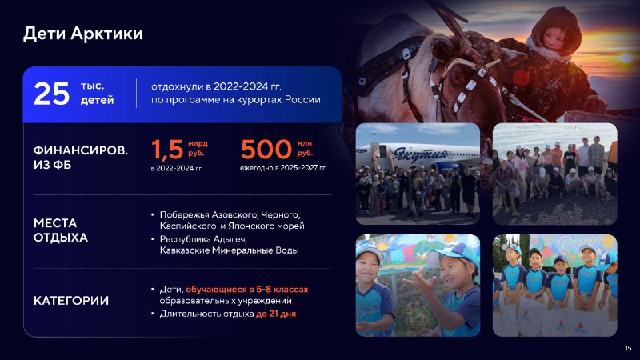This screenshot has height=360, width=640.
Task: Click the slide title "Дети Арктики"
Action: point(83,34)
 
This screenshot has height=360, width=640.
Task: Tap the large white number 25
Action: point(51,94)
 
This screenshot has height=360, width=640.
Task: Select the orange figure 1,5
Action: point(167,149)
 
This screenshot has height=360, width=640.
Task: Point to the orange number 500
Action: point(266,149)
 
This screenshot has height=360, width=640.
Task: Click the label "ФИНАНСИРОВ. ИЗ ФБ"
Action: point(81,157)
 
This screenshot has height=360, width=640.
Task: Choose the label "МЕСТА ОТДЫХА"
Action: point(61,230)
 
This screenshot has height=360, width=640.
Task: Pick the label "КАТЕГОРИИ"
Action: point(71,301)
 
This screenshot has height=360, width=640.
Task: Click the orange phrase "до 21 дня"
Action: point(276,314)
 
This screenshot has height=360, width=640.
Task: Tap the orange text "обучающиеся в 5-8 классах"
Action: point(247,290)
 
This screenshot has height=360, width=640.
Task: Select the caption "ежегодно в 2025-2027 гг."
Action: point(283,168)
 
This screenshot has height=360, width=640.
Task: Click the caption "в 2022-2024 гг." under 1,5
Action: point(177,168)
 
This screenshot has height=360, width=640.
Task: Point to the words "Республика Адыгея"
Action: point(203,238)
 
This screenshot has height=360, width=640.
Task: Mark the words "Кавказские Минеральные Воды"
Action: point(230,250)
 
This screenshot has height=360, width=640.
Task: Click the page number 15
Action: point(628,348)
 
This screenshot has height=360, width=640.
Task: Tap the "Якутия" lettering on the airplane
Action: point(420,155)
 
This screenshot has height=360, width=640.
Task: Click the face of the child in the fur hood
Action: point(551,38)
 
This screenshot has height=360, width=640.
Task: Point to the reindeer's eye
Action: point(458,76)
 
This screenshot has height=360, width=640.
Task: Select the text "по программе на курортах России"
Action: point(236,100)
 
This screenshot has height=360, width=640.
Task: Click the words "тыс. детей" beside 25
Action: point(97,93)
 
